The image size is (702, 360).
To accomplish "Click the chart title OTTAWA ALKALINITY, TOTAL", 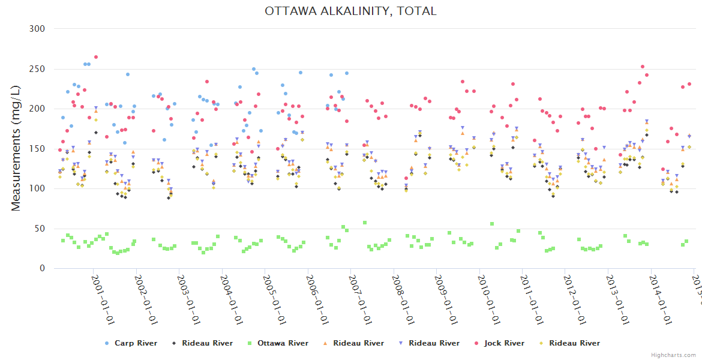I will tap(350, 11).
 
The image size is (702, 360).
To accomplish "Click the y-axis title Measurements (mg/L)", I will tap(16, 148).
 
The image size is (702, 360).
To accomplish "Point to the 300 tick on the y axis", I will tap(37, 29).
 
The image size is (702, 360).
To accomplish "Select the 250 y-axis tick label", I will tap(37, 69).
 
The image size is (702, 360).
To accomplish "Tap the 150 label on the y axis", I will tap(37, 149).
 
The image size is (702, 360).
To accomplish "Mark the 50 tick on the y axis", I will tap(40, 229).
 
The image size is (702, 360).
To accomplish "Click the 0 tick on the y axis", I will tap(42, 269).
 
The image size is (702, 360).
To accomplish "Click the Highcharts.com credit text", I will tap(673, 355).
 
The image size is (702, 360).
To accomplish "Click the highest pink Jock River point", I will tap(96, 57).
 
